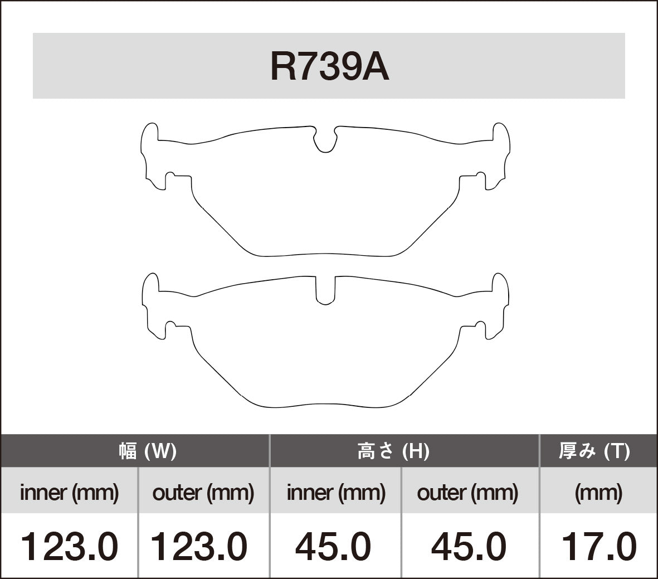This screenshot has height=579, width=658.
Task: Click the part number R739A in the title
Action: pos(329,67)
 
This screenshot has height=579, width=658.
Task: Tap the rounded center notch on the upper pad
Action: pos(325,139)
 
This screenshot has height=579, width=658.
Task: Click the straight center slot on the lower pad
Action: pos(325,290)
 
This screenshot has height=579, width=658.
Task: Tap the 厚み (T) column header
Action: pos(594,451)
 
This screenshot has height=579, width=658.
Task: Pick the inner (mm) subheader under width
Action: pos(69,492)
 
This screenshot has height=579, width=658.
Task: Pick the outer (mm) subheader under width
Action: pos(203,492)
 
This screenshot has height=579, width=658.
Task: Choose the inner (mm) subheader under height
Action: pos(335,492)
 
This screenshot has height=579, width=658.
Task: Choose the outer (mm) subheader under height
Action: pos(467,492)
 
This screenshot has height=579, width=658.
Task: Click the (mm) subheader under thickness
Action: pos(598,492)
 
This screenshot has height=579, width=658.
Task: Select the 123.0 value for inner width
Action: pos(69,546)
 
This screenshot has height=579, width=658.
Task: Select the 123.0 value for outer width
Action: pos(199,546)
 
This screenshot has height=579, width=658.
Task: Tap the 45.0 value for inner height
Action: pos(333,546)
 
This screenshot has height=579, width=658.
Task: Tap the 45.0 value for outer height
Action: pos(469,546)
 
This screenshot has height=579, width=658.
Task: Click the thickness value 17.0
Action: pos(598,546)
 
